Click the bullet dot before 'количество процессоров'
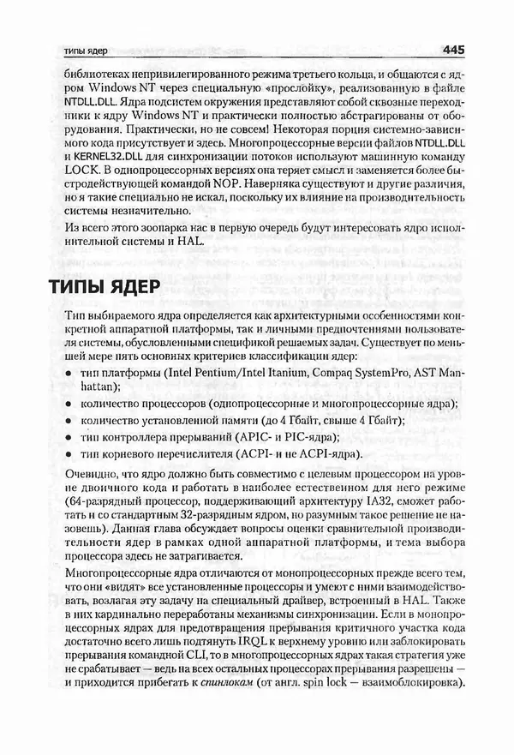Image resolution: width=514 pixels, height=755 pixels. click(x=68, y=404)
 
